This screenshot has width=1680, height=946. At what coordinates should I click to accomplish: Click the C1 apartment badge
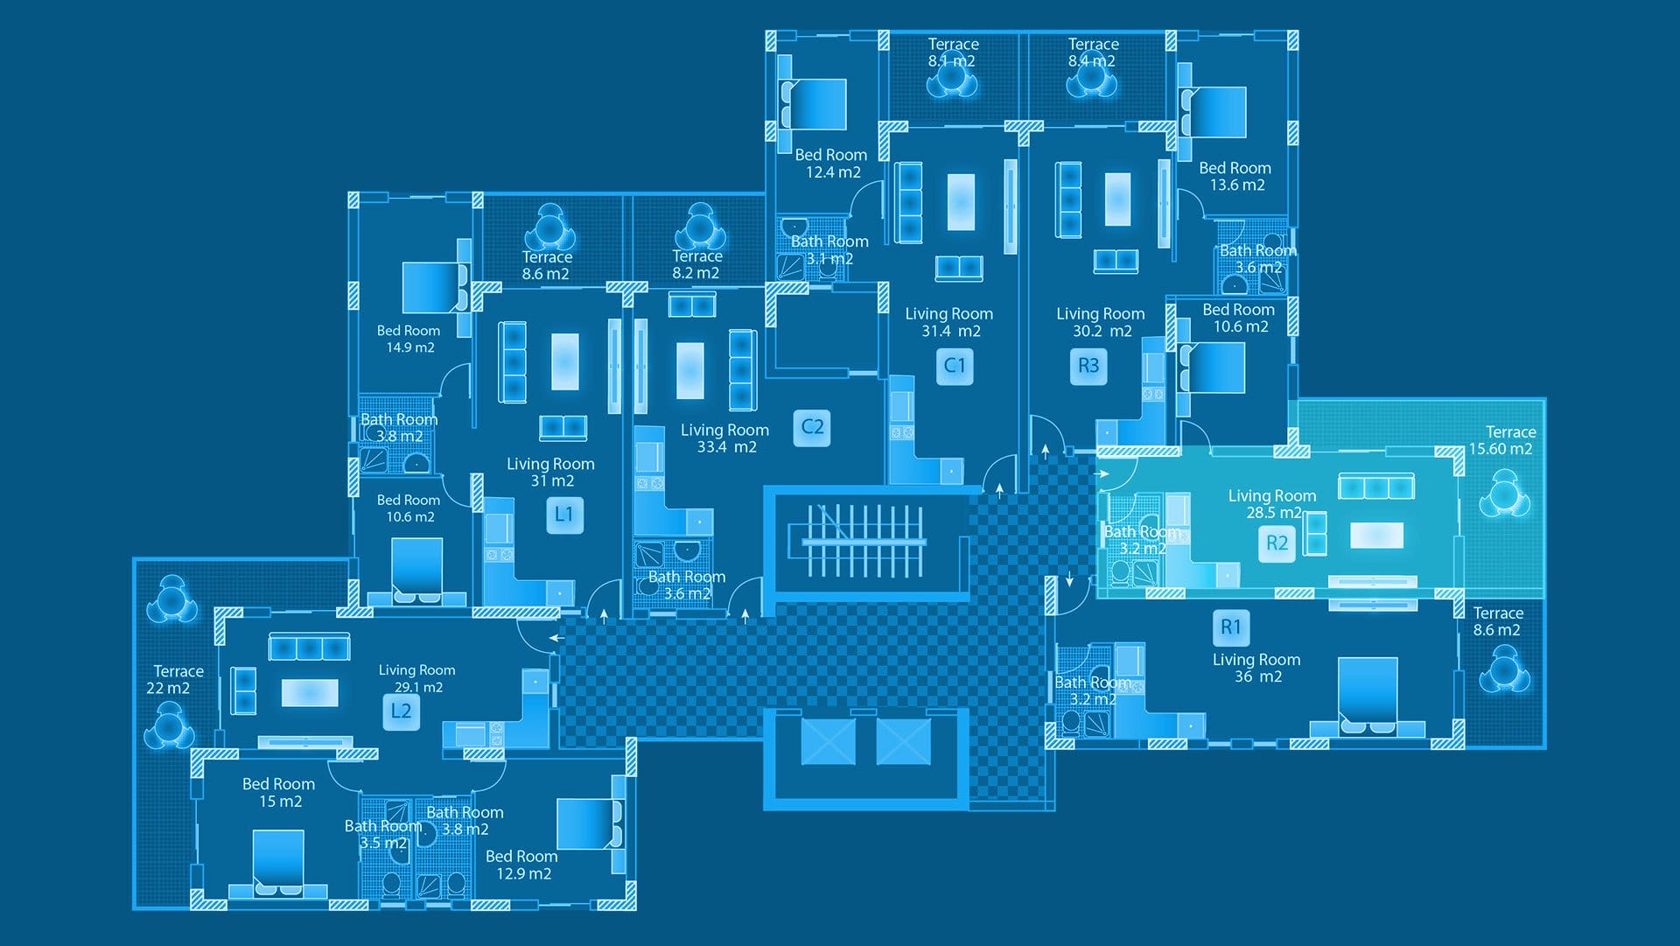(955, 366)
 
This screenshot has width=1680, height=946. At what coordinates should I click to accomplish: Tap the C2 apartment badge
(812, 427)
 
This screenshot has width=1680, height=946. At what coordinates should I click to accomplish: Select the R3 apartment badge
(1088, 366)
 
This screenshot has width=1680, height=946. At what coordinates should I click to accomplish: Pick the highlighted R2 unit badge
(1277, 543)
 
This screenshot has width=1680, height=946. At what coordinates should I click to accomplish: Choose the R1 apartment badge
(1231, 627)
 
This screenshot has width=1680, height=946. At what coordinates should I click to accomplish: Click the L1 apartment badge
(563, 515)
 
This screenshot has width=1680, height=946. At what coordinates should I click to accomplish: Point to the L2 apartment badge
(401, 711)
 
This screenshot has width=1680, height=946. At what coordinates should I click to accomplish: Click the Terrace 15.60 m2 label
(1501, 440)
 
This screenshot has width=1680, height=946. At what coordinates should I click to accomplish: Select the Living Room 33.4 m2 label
(724, 438)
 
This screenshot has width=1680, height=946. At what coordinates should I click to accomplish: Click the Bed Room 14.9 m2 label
(409, 339)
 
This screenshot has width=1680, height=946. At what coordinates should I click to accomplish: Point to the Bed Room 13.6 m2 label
(1235, 176)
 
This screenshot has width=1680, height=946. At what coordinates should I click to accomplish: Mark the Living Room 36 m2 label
(1256, 668)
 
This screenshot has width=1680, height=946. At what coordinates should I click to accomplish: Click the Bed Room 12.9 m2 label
(521, 865)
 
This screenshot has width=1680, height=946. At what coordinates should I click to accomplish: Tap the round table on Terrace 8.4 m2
(1092, 78)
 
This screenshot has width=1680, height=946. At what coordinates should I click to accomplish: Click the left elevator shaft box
(828, 741)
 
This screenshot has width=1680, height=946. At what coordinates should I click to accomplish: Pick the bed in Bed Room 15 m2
(278, 863)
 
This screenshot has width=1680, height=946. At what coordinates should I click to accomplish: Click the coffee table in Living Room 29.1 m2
(310, 693)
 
